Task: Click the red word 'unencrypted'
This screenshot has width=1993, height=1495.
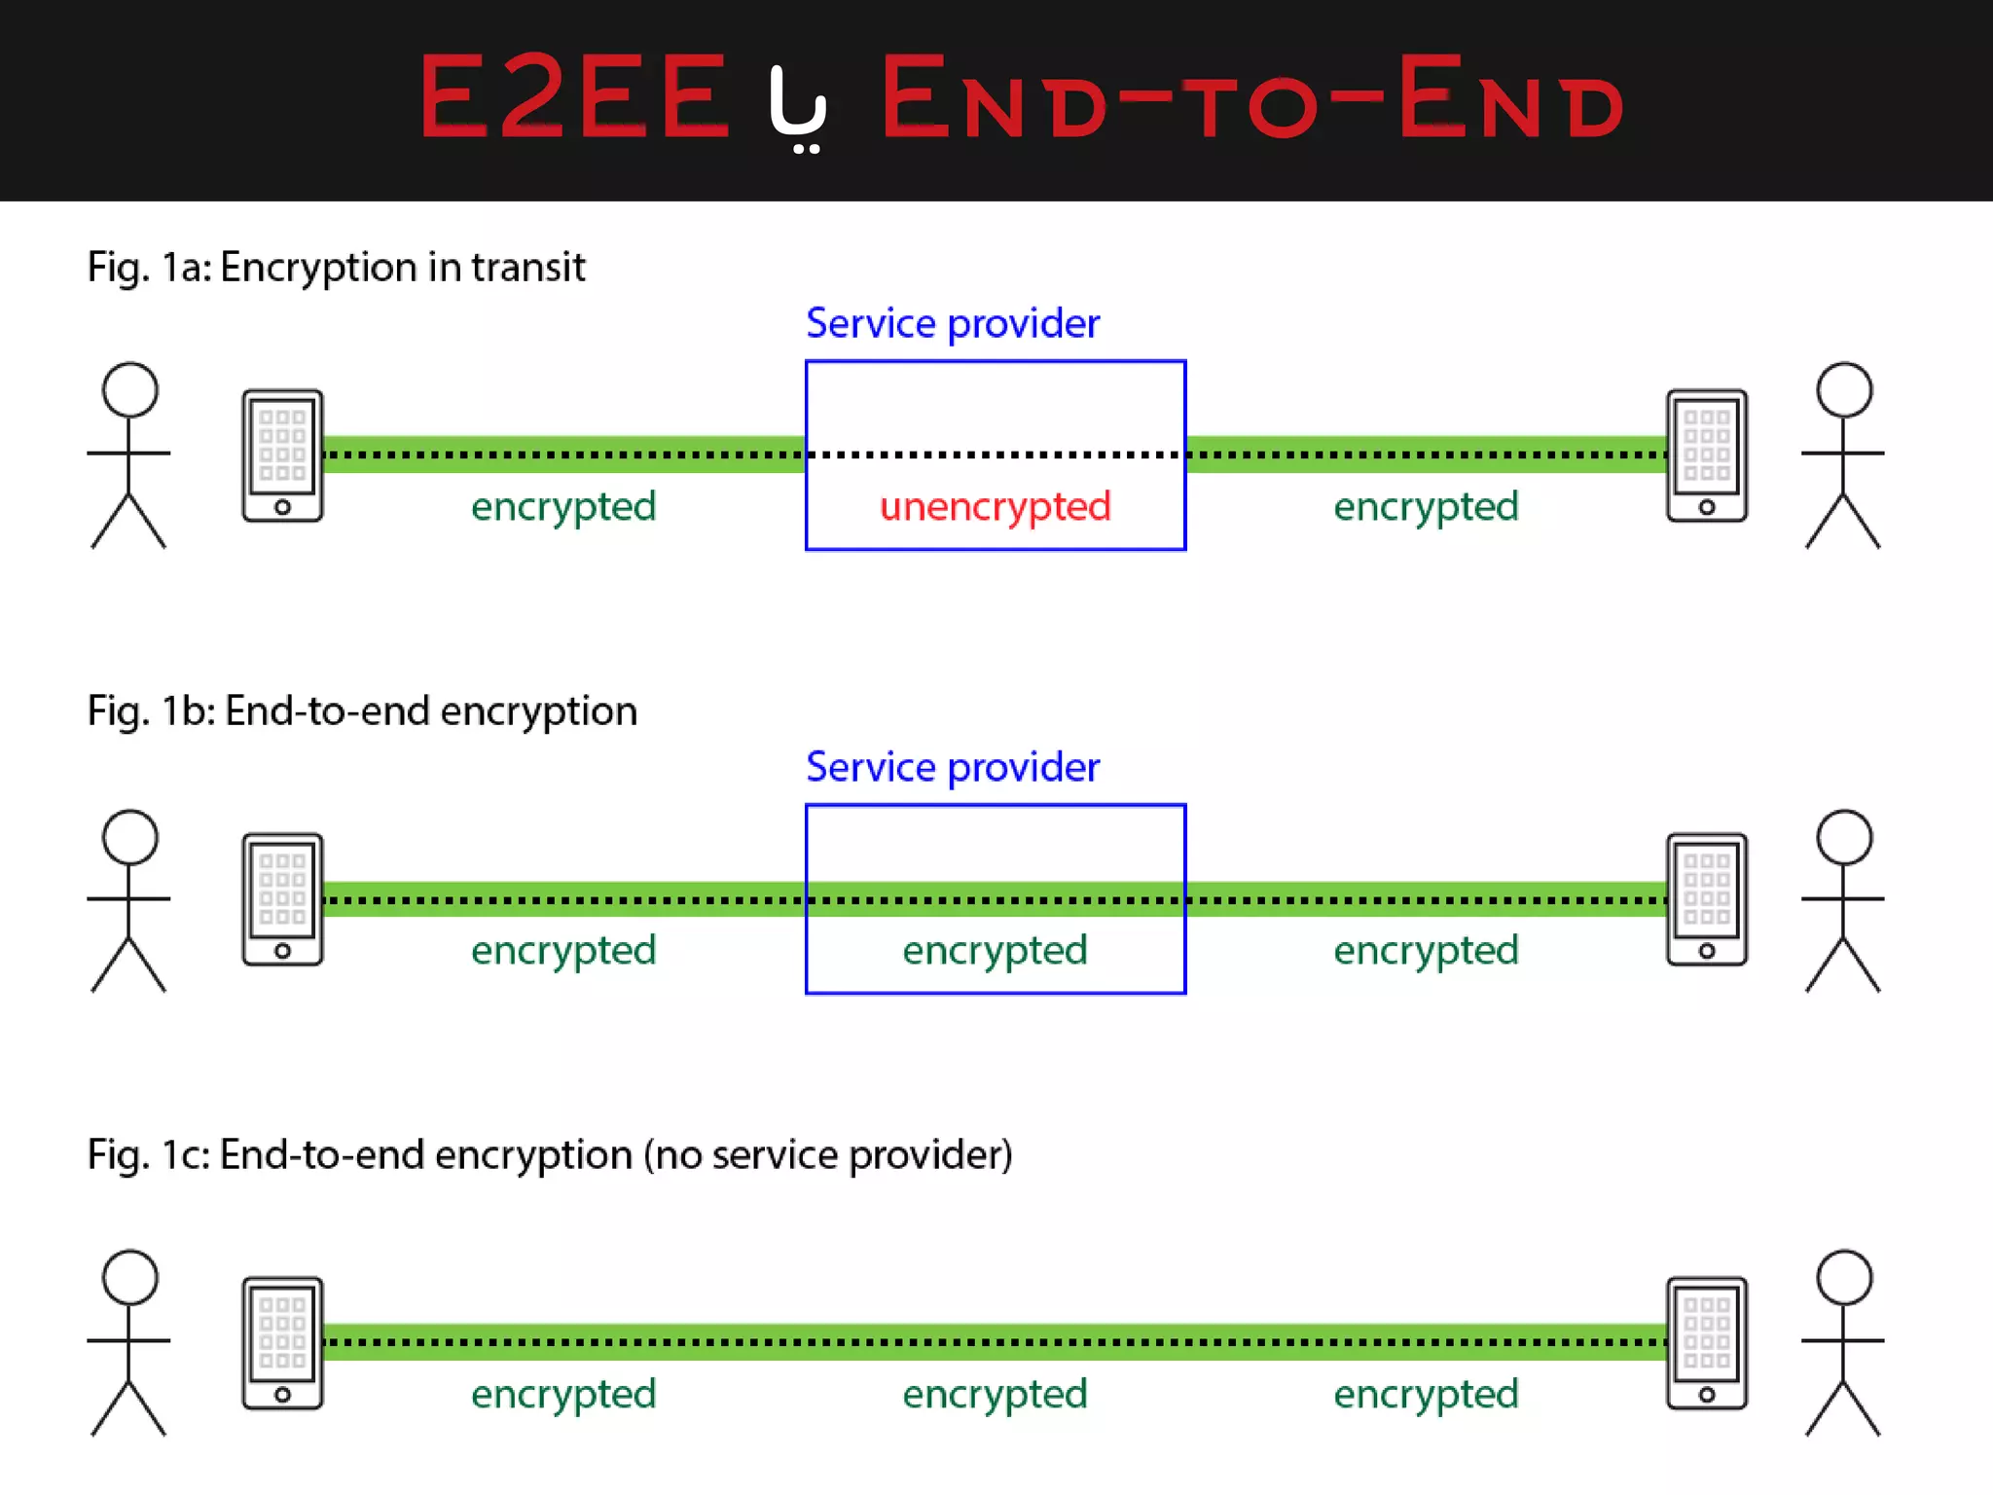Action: [995, 507]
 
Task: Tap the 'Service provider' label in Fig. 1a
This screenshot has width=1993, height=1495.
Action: [952, 323]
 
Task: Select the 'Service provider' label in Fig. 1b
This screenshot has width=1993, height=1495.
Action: [952, 767]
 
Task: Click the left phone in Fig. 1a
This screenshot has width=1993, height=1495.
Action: [282, 456]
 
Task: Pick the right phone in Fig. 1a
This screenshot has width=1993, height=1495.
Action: [1706, 456]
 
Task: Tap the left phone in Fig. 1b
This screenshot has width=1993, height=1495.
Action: [282, 899]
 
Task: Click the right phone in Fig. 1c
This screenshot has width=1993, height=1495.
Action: [1706, 1343]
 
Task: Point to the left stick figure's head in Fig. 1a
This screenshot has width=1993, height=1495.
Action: [129, 389]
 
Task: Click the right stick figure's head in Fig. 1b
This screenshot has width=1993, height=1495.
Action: [1844, 837]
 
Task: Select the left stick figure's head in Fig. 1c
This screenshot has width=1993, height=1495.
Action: [129, 1277]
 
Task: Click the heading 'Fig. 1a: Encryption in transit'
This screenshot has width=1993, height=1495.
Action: [336, 267]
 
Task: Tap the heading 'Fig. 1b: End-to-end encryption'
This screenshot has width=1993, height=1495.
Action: [362, 711]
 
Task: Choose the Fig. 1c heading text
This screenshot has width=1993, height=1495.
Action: [550, 1155]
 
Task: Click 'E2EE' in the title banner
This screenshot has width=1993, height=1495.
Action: [574, 97]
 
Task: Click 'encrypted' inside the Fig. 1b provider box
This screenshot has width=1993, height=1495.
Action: [995, 951]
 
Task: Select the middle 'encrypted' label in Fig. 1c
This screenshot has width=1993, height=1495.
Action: [995, 1395]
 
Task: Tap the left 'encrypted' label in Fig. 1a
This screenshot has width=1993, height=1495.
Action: [563, 507]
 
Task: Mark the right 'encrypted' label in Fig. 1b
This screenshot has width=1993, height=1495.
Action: [1426, 951]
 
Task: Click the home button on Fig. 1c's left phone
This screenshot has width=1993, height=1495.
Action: [282, 1395]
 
